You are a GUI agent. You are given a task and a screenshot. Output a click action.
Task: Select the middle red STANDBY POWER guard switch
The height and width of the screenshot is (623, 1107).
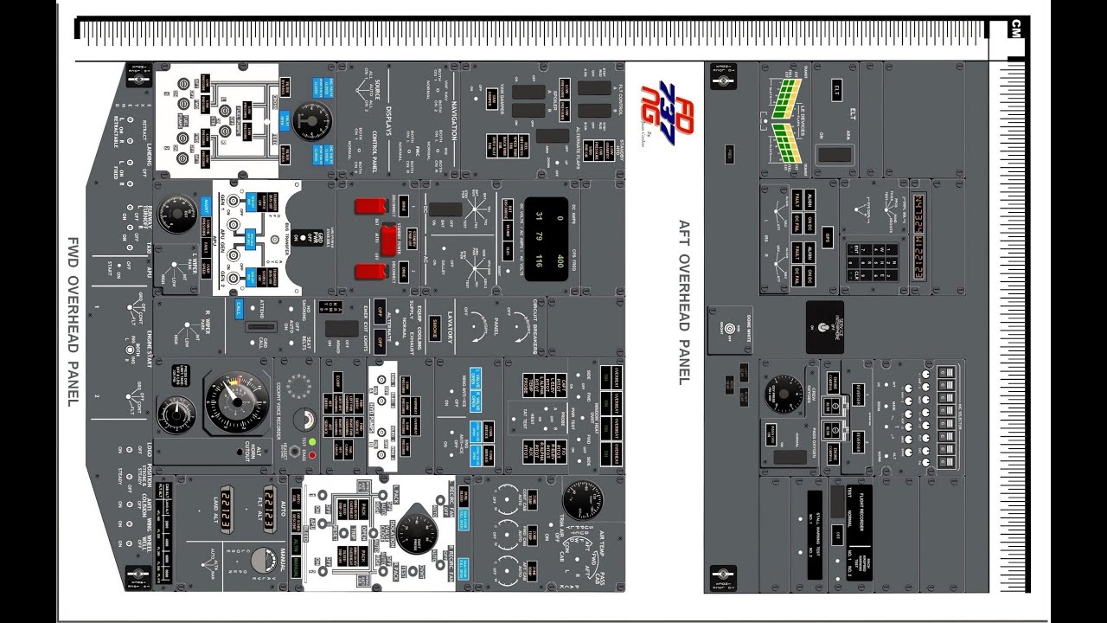pyautogui.click(x=388, y=239)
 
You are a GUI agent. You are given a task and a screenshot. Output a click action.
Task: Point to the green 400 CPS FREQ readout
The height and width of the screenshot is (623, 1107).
pyautogui.click(x=559, y=262)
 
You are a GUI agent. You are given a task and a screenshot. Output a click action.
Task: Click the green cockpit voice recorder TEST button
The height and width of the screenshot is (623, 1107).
pyautogui.click(x=311, y=441)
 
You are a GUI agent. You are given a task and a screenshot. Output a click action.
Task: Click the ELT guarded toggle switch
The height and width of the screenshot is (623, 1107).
pyautogui.click(x=835, y=154)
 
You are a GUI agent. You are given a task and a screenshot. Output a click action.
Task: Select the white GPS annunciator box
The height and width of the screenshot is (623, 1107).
pyautogui.click(x=827, y=237)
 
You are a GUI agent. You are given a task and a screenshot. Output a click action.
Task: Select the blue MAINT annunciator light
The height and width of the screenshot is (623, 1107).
pyautogui.click(x=206, y=205)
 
